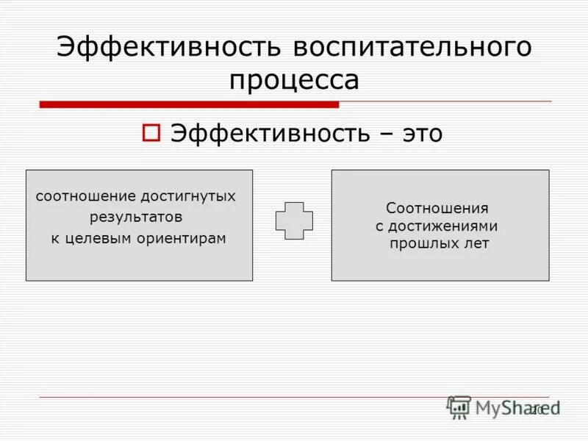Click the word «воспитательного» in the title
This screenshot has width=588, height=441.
[x=412, y=48]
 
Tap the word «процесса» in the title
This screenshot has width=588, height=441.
[x=294, y=79]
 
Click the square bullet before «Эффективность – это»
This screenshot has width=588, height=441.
[x=150, y=133]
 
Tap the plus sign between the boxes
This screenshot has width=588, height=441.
[x=294, y=220]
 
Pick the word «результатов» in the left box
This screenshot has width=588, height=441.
[x=136, y=218]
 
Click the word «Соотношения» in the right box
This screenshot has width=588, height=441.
[x=437, y=209]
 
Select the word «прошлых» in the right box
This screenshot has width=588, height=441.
[x=420, y=244]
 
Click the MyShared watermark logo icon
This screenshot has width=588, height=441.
[x=459, y=407]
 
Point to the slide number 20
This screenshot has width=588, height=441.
[x=536, y=409]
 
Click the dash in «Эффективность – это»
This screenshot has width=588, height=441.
[x=383, y=134]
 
